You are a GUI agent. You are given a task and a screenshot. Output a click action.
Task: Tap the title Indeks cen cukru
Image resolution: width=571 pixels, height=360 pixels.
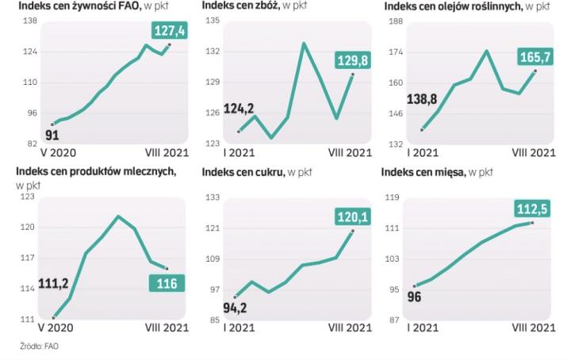click(244, 170)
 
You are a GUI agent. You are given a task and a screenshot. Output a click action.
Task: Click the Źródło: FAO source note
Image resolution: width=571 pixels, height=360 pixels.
click(40, 347)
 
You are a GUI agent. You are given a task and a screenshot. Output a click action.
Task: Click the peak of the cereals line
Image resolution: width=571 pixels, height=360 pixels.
click(304, 43)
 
